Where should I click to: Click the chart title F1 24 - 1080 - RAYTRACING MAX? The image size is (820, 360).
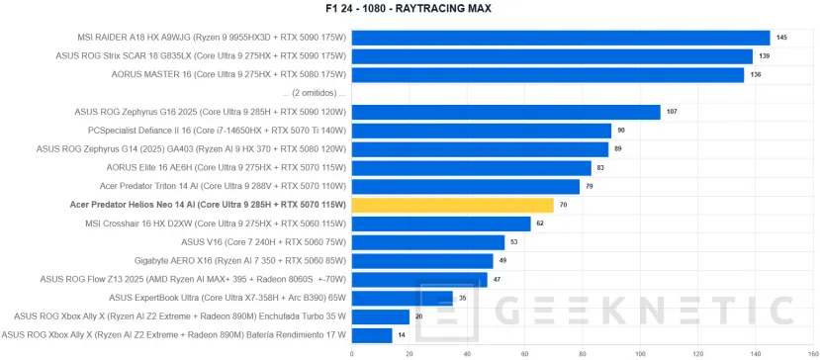(410, 9)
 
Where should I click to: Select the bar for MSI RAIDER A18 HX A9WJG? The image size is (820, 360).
(560, 38)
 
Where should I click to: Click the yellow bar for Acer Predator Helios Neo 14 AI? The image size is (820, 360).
(451, 205)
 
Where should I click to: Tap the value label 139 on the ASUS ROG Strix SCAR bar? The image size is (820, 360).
(763, 56)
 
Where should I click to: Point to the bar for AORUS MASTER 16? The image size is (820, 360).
(547, 74)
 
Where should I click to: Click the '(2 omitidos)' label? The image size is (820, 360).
(314, 93)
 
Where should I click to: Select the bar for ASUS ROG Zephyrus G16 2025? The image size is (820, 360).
(505, 112)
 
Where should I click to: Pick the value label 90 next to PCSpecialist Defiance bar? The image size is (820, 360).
(621, 131)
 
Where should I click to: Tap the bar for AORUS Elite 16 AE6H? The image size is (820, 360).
(471, 168)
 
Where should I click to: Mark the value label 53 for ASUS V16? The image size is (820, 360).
(513, 242)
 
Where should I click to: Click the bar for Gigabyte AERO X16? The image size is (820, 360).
(421, 261)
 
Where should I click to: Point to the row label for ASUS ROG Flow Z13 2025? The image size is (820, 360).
(180, 279)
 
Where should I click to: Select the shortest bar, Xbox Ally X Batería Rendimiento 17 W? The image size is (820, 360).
(371, 335)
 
